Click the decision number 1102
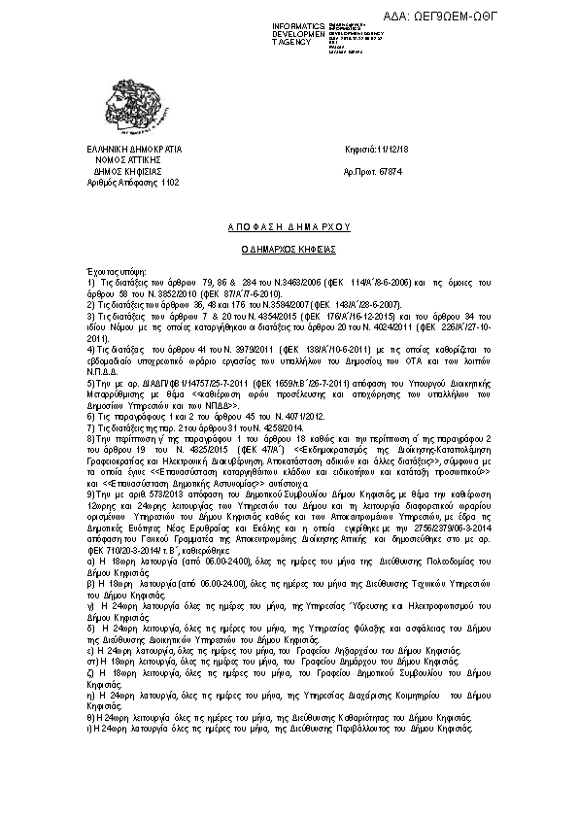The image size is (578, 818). click(171, 182)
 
